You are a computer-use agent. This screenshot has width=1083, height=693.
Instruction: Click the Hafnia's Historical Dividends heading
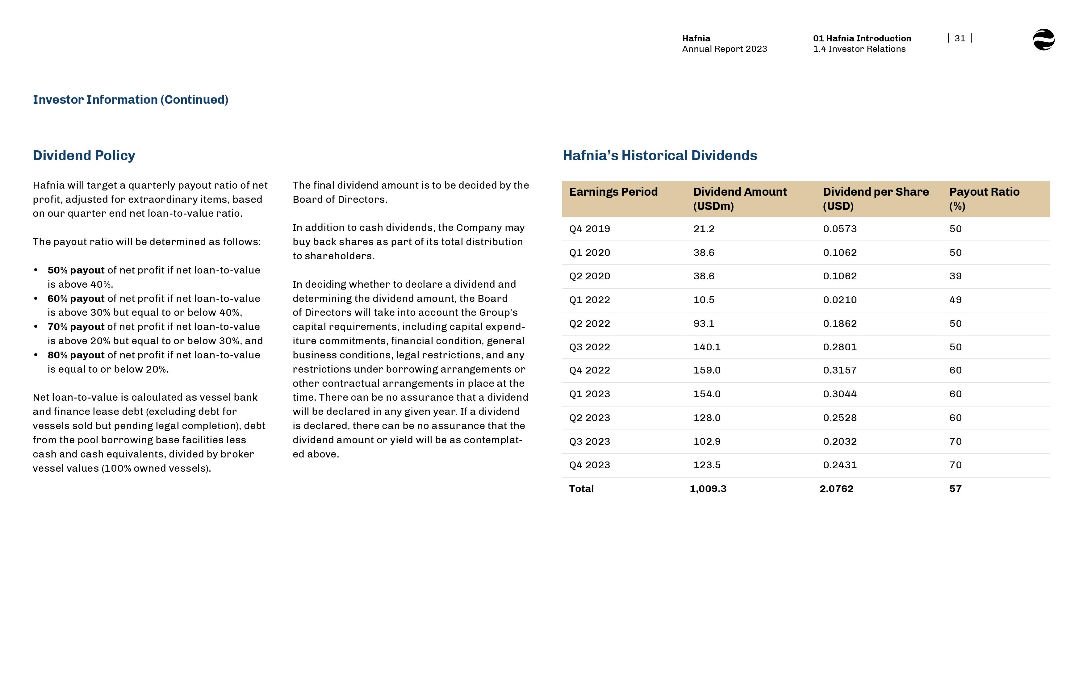[x=660, y=156]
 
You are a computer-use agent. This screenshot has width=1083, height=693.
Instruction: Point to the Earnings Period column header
[x=613, y=192]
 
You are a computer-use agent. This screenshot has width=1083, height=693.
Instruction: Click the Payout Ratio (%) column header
[x=984, y=198]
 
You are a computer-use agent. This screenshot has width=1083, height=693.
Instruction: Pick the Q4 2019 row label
[x=589, y=229]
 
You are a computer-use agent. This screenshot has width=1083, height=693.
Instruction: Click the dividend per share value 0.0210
[x=840, y=300]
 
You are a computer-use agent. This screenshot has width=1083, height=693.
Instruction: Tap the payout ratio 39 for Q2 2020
[x=955, y=276]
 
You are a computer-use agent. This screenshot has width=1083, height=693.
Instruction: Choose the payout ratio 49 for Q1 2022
[x=955, y=300]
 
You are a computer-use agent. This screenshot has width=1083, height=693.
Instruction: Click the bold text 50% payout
[x=76, y=270]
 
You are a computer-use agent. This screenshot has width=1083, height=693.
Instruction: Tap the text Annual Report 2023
[x=724, y=49]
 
